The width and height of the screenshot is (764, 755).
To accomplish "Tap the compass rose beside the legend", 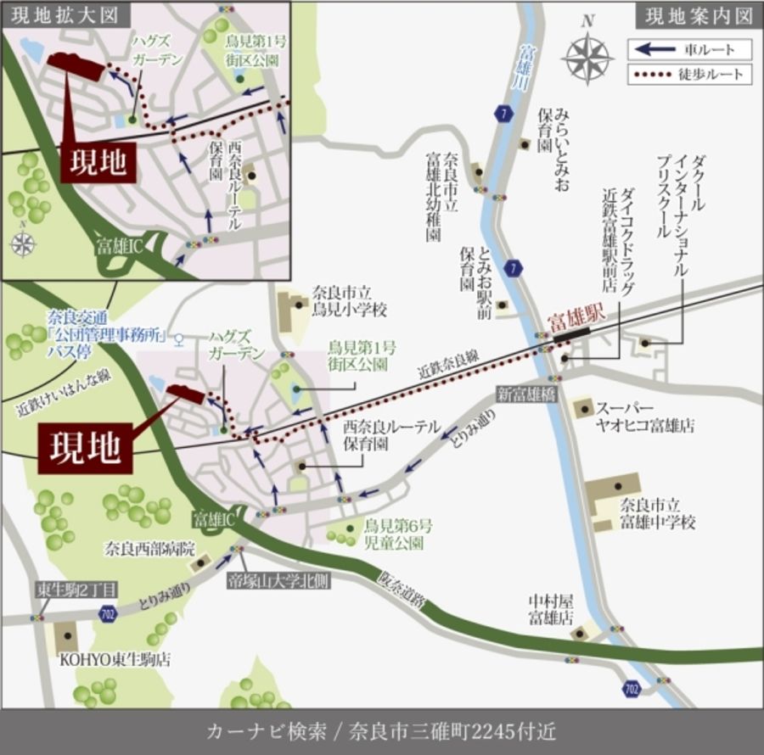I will (x=589, y=59).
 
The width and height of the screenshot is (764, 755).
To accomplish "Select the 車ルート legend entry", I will (x=688, y=49).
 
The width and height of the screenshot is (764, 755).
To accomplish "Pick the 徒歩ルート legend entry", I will (x=688, y=75).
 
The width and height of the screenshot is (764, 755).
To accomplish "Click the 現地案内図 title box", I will (x=699, y=15).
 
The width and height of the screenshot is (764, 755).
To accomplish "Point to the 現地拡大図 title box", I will (x=59, y=14).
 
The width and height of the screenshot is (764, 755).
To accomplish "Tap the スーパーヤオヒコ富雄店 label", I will (x=645, y=416).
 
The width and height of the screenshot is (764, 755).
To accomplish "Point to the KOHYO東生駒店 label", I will (x=114, y=659).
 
